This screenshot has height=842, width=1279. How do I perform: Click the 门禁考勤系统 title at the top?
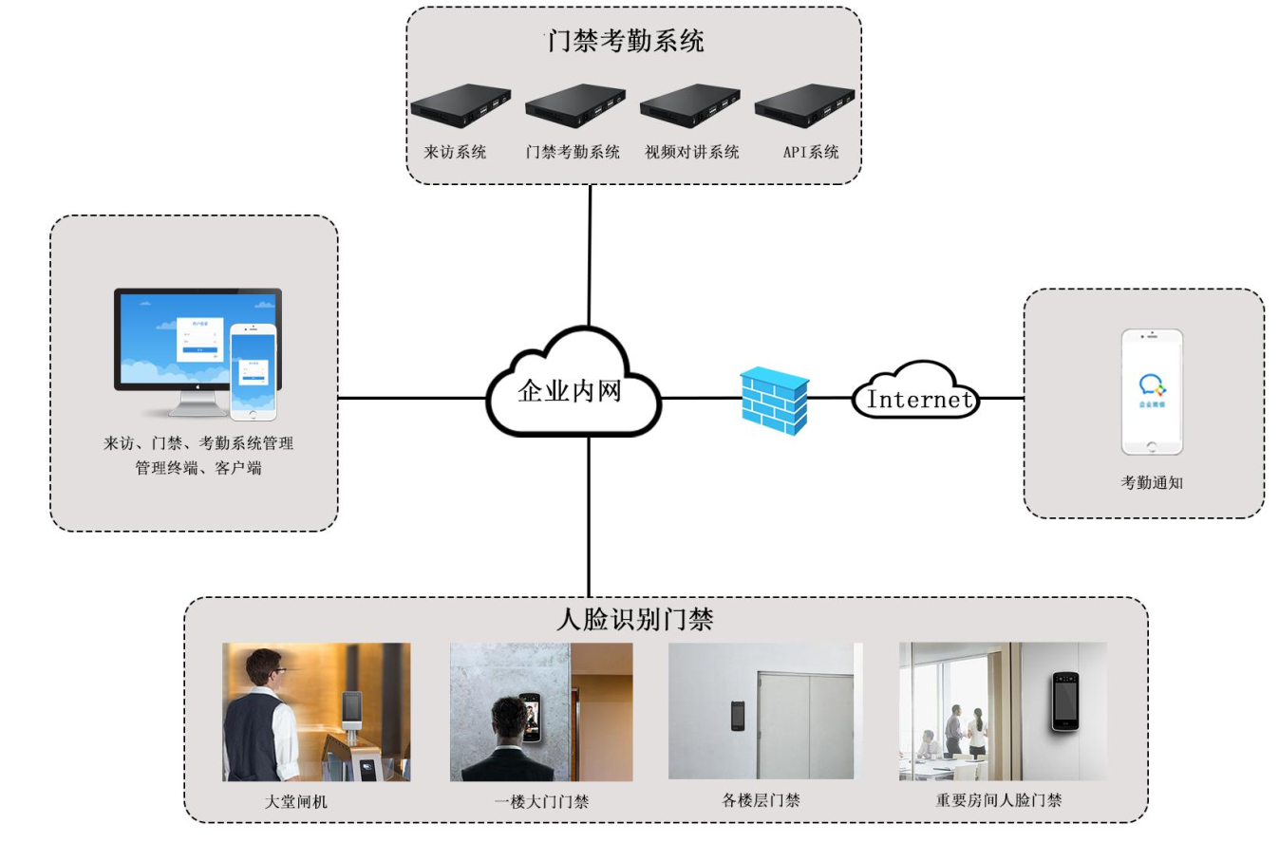pyautogui.click(x=624, y=42)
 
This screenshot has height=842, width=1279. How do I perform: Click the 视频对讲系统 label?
pyautogui.click(x=691, y=152)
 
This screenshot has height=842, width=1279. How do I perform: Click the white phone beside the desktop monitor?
pyautogui.click(x=254, y=372)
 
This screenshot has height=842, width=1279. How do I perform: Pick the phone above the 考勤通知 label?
pyautogui.click(x=1152, y=392)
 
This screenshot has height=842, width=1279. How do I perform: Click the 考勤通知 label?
pyautogui.click(x=1151, y=482)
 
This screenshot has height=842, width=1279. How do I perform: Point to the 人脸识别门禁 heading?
pyautogui.click(x=634, y=620)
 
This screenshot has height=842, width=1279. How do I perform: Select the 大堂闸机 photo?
pyautogui.click(x=316, y=712)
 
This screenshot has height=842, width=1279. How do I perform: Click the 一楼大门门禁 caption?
pyautogui.click(x=541, y=802)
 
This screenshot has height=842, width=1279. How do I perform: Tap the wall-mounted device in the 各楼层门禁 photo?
pyautogui.click(x=737, y=715)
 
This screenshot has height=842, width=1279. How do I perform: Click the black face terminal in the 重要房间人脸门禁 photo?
pyautogui.click(x=1065, y=702)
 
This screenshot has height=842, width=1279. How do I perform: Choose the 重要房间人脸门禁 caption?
pyautogui.click(x=998, y=800)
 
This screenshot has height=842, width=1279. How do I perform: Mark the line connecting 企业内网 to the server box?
pyautogui.click(x=590, y=256)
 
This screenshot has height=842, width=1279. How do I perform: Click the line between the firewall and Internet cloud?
pyautogui.click(x=831, y=399)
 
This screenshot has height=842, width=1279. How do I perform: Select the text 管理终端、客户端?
pyautogui.click(x=198, y=467)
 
